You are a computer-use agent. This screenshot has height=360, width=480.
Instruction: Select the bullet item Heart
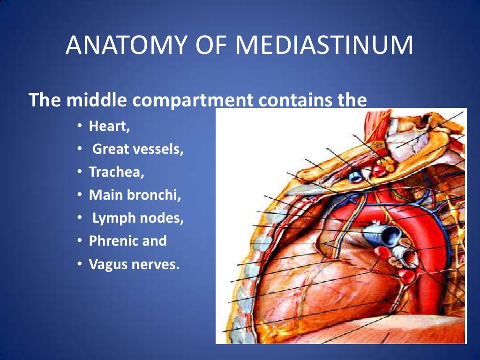coord(109,127)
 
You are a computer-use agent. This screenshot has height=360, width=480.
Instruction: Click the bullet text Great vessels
coord(137,150)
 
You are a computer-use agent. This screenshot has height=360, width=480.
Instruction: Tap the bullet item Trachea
coord(117,172)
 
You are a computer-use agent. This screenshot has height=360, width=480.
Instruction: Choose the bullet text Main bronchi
coord(135,195)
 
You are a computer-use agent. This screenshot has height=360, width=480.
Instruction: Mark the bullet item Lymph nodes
coord(138,218)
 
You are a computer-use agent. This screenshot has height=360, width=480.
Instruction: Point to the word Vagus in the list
coord(106,264)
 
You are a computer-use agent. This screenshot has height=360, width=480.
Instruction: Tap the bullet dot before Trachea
coord(80,172)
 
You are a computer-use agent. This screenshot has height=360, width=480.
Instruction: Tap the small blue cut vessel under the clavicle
coord(355,176)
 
